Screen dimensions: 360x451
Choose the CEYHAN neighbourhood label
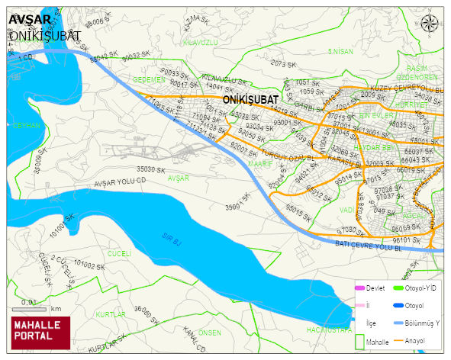coord(25,125)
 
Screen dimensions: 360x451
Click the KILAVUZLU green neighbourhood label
coord(201,43)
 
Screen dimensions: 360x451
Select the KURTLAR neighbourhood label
coord(111,314)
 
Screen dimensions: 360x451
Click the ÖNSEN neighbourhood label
coord(210,333)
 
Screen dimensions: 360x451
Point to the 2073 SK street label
coord(282,64)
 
